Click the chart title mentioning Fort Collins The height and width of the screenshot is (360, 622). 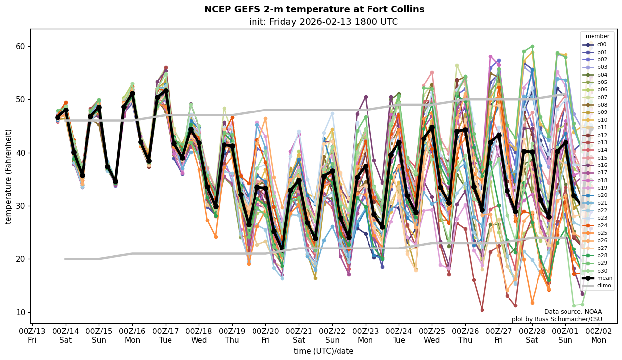click(x=314, y=9)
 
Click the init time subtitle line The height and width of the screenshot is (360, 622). click(x=323, y=22)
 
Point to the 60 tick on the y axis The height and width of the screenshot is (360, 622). click(x=22, y=47)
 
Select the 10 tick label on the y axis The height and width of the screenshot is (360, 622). click(x=22, y=312)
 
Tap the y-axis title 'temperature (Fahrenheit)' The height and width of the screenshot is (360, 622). click(x=8, y=176)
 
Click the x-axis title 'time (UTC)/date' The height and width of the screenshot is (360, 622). click(x=323, y=351)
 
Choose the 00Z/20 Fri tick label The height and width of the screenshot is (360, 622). click(x=266, y=335)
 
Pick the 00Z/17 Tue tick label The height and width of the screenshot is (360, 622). click(x=166, y=335)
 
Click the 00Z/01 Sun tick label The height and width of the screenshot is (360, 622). click(x=565, y=335)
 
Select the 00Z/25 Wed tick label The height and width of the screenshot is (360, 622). click(x=432, y=335)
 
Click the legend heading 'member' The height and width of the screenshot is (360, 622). click(x=597, y=36)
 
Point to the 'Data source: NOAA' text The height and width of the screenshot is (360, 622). click(x=573, y=312)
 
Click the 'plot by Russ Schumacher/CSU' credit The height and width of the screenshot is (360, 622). click(x=557, y=319)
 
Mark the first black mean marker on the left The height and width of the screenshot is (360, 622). click(x=57, y=118)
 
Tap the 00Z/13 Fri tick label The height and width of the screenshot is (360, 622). click(x=32, y=335)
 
